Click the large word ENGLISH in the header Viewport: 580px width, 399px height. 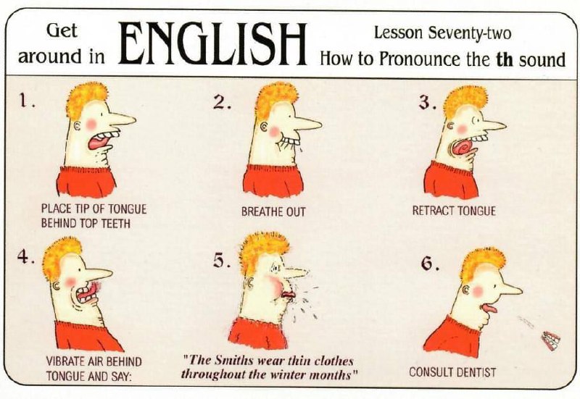click(212, 43)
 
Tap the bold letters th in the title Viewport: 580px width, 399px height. click(505, 59)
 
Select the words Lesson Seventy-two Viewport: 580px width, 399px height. click(442, 33)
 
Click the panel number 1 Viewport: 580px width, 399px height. click(25, 100)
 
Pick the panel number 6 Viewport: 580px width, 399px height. click(430, 263)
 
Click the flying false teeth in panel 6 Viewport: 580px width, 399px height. click(551, 340)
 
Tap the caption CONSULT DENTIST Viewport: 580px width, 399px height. click(452, 372)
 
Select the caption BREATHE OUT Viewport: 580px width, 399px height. click(273, 211)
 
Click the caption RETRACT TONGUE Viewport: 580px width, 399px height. click(454, 211)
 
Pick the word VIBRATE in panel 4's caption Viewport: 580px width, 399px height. click(65, 361)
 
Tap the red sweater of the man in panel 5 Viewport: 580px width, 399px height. click(257, 334)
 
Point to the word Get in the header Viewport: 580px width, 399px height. click(62, 31)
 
